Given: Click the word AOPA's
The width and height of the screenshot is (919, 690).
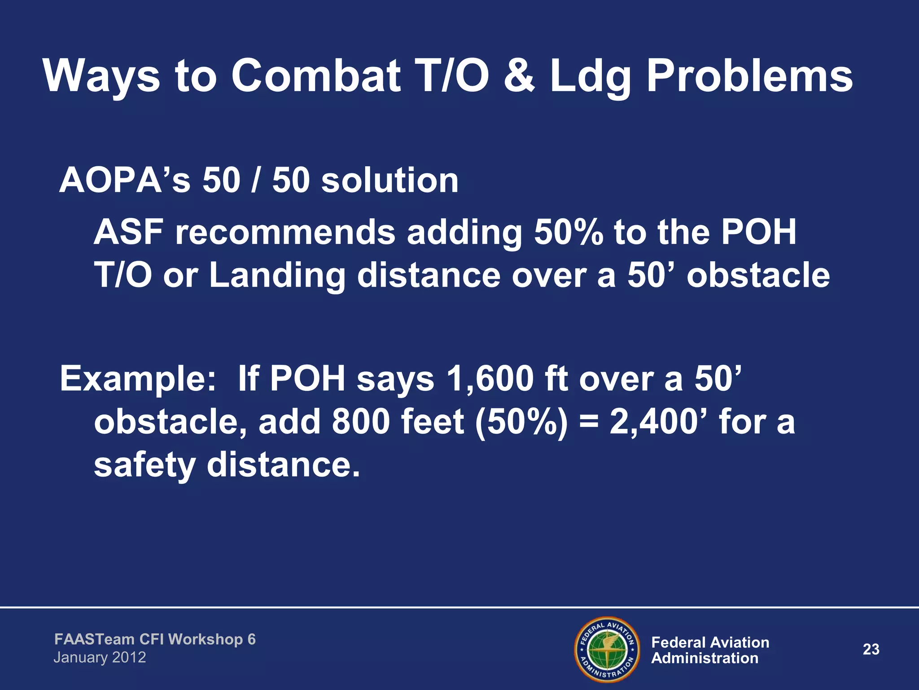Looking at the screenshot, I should (x=125, y=181).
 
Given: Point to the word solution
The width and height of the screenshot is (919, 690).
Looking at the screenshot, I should (x=390, y=181).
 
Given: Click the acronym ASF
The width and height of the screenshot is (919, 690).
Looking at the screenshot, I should (x=128, y=232).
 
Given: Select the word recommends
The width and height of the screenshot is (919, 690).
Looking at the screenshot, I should (x=285, y=232).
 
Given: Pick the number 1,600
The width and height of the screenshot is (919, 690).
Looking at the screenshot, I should (x=490, y=379).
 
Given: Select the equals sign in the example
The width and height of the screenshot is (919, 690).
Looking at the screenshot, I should (x=588, y=423).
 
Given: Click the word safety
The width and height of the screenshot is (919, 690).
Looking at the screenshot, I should (x=144, y=465).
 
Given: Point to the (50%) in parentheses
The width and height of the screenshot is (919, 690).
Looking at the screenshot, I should (x=521, y=422).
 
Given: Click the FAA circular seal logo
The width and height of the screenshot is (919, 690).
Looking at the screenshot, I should (x=607, y=650).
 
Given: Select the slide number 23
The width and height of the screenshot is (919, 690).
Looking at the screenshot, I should (x=871, y=650).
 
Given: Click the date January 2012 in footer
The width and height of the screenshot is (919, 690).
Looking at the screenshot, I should (x=100, y=658).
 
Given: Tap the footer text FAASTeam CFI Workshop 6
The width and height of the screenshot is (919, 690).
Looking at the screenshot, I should (x=155, y=639).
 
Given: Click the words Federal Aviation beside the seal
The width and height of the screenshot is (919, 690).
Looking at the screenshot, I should (x=710, y=642).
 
